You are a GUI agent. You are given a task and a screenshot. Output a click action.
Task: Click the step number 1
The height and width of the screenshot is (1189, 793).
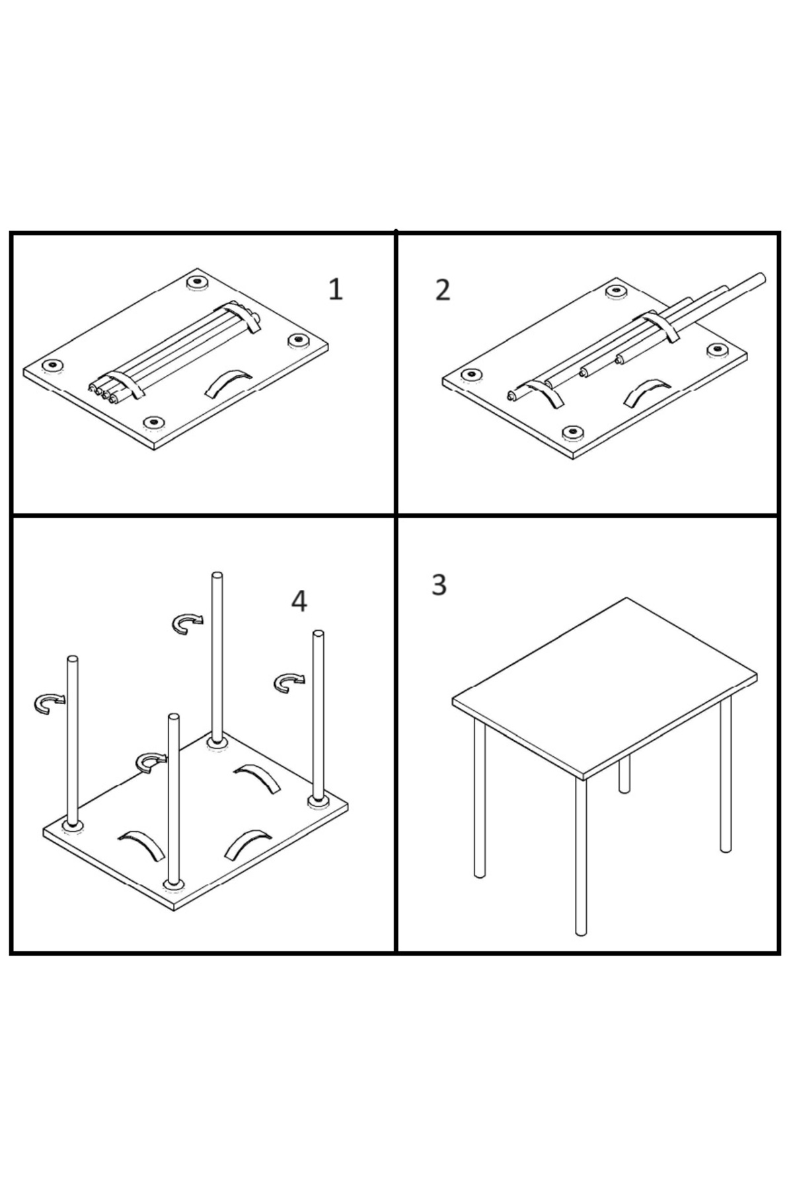[336, 289]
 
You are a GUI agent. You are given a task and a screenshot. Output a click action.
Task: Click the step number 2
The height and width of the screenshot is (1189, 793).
[443, 290]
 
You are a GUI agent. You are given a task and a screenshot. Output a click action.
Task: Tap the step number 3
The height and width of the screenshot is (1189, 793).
[439, 585]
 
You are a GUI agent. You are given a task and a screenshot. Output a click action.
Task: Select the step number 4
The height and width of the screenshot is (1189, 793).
[299, 600]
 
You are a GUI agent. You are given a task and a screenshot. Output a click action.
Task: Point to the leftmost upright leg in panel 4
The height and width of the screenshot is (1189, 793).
[72, 740]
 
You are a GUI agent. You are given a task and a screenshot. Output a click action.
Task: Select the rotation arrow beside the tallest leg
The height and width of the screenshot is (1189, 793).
[188, 623]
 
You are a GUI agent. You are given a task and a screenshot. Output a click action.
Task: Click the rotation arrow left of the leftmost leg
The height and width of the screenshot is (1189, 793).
[49, 703]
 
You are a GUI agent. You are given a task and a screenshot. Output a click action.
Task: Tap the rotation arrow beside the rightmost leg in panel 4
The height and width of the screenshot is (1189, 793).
[289, 682]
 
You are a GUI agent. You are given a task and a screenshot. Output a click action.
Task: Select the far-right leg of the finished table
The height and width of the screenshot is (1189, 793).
[726, 774]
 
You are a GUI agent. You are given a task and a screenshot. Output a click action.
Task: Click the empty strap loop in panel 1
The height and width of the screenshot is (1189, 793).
[227, 383]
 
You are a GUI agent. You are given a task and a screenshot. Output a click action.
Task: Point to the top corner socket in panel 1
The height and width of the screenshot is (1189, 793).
[196, 283]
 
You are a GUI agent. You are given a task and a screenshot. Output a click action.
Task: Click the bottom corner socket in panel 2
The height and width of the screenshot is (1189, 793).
[572, 433]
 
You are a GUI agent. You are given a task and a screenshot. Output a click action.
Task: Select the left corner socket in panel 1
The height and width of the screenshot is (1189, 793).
[51, 366]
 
